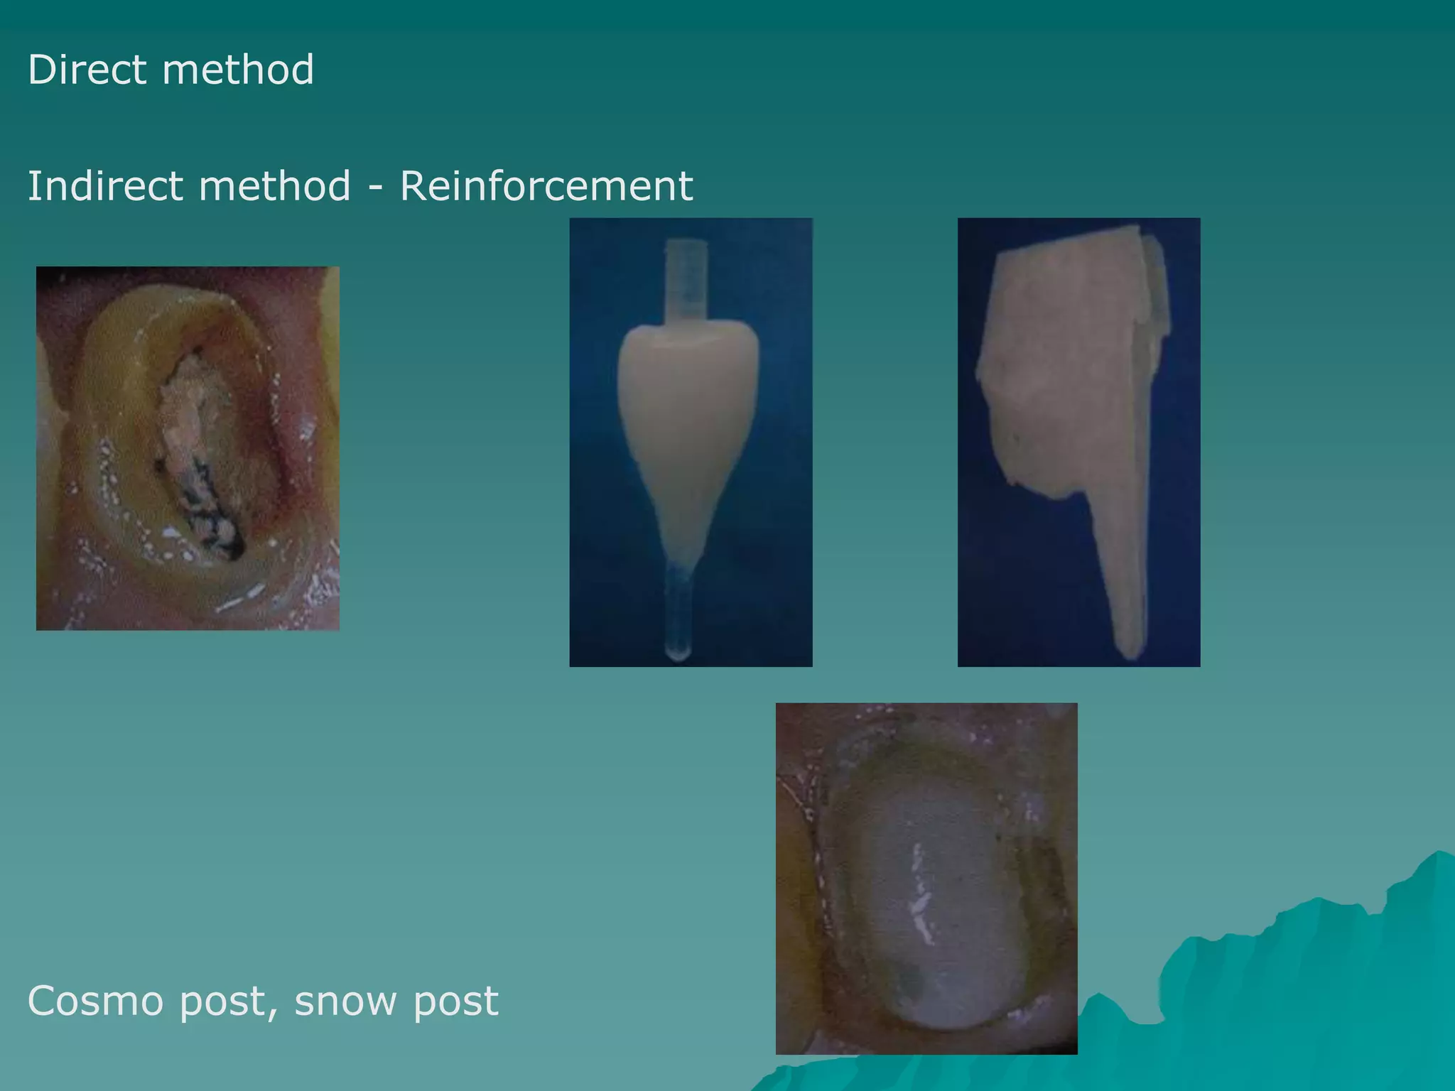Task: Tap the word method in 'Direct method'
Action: (x=238, y=70)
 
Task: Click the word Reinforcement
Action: (x=546, y=186)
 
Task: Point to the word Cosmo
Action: (x=95, y=1001)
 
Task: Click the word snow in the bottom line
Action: (x=345, y=1001)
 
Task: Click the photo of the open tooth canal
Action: (x=188, y=447)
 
